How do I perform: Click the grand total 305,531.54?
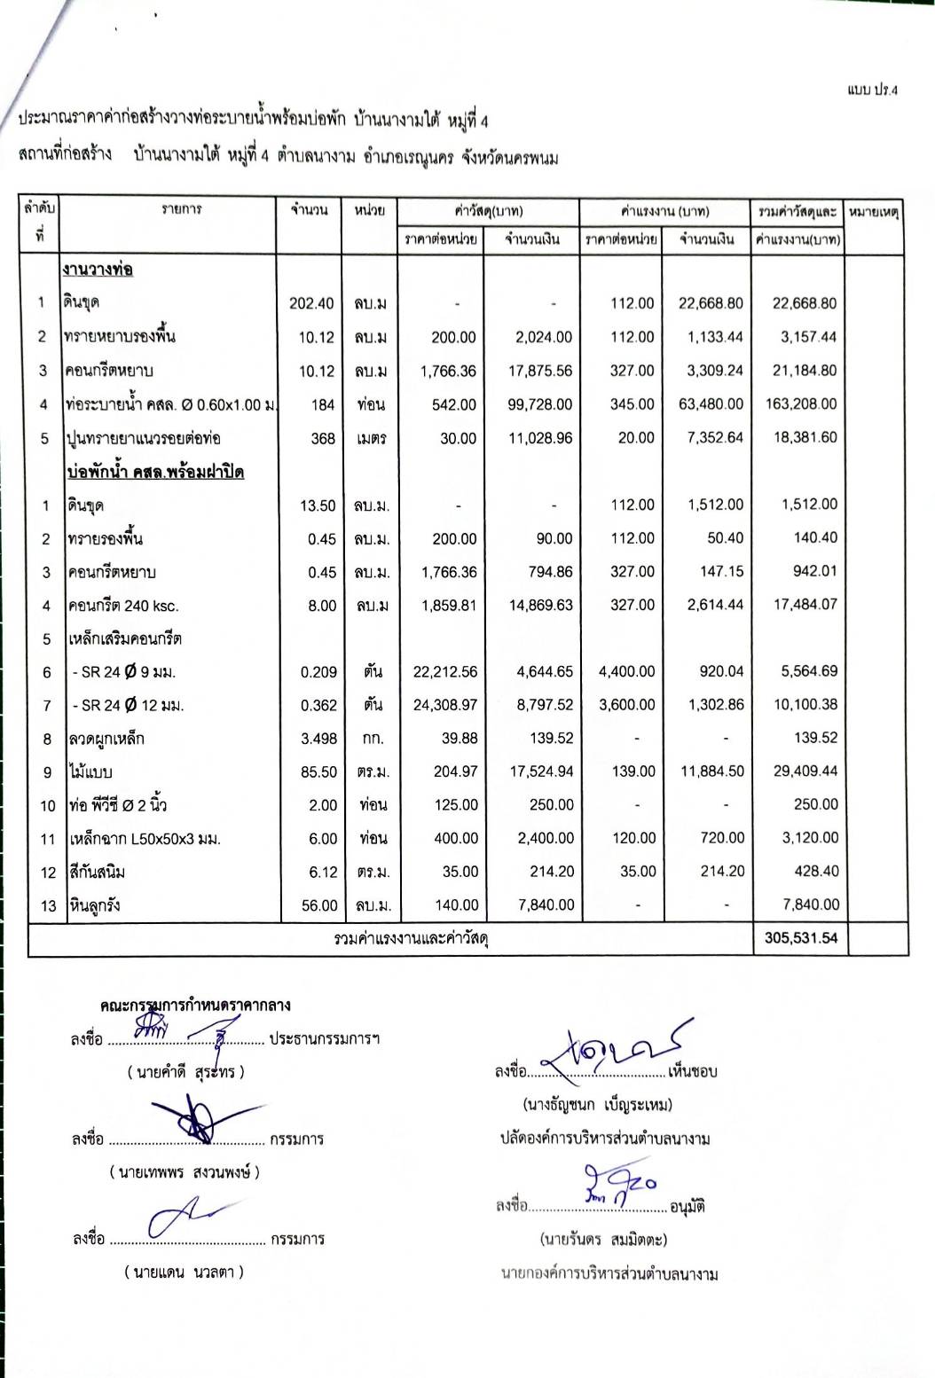point(800,938)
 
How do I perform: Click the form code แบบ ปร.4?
point(872,90)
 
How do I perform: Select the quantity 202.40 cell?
point(311,303)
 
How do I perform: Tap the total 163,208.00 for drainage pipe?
point(800,403)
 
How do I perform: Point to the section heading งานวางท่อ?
point(98,270)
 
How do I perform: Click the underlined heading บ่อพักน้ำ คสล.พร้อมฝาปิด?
point(155,472)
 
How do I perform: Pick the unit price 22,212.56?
point(444,672)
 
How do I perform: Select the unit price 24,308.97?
point(444,705)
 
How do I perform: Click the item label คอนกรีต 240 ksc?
point(123,607)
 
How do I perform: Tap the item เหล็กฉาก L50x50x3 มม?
point(145,839)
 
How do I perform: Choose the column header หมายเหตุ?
point(874,213)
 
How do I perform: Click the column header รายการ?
point(181,209)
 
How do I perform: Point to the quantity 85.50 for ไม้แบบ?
point(318,772)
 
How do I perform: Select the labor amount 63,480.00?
point(711,404)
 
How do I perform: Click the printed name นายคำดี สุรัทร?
point(185,1072)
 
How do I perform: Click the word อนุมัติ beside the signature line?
point(687,1207)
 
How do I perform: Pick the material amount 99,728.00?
point(539,404)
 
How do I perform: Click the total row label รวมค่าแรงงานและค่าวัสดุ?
point(412,938)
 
